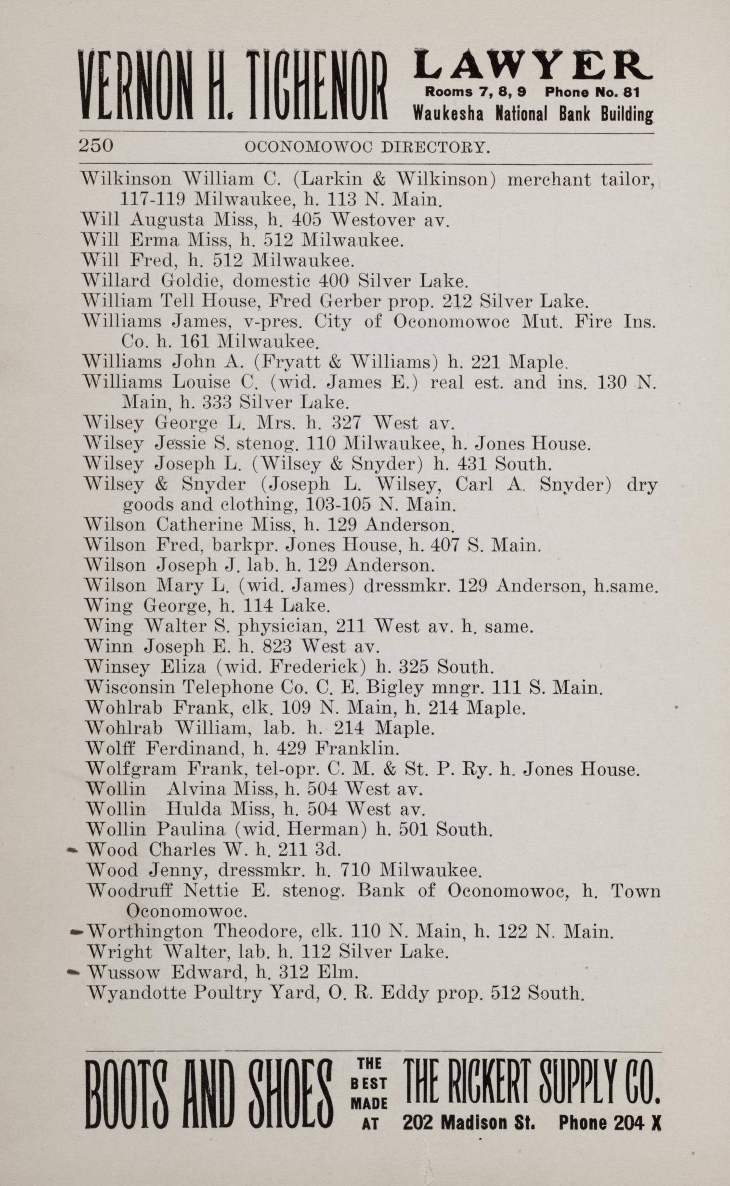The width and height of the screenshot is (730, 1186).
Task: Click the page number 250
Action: [x=96, y=145]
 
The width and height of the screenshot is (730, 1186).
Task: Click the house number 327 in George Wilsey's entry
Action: [x=346, y=423]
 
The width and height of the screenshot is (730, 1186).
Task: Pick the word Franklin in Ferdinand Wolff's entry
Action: [x=357, y=749]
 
